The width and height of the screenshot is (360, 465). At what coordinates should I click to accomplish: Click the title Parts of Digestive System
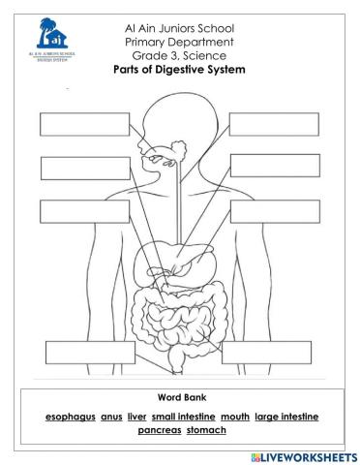pyautogui.click(x=180, y=70)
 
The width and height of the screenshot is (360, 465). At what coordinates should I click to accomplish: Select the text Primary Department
pyautogui.click(x=180, y=43)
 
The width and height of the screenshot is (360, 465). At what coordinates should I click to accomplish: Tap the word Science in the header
pyautogui.click(x=204, y=56)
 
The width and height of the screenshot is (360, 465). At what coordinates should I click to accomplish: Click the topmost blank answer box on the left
pyautogui.click(x=70, y=125)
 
